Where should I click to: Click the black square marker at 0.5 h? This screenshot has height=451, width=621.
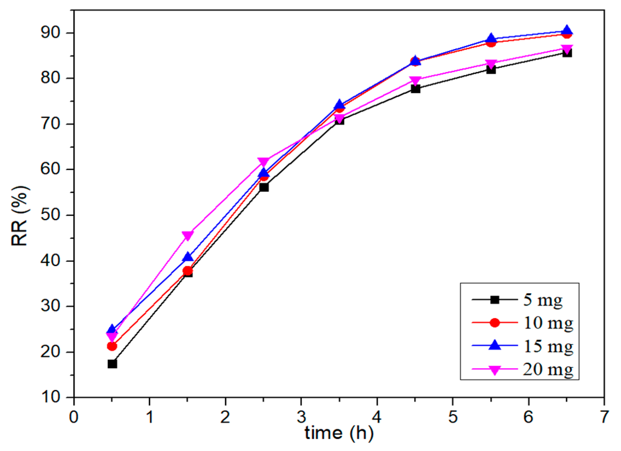click(112, 364)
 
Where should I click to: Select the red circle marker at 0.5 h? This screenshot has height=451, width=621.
click(112, 346)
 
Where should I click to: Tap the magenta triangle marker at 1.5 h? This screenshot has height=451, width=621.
click(188, 235)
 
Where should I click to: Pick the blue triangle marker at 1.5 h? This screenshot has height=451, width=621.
click(188, 257)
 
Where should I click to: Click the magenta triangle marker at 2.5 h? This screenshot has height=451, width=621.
click(264, 161)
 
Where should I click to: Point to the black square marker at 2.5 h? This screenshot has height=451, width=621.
click(264, 187)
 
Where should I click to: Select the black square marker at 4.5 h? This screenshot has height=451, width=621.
click(415, 89)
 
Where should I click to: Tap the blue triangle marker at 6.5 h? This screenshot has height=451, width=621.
click(567, 30)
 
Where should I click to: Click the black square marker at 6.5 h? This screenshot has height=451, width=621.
click(567, 53)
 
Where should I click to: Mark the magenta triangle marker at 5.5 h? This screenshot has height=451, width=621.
click(491, 64)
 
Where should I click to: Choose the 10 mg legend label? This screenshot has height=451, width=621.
click(548, 323)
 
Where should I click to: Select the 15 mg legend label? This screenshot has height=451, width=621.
click(548, 346)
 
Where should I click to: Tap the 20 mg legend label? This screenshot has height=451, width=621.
click(548, 369)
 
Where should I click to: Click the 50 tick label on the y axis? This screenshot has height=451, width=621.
click(51, 215)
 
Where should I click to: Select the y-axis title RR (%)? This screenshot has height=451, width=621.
click(20, 216)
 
